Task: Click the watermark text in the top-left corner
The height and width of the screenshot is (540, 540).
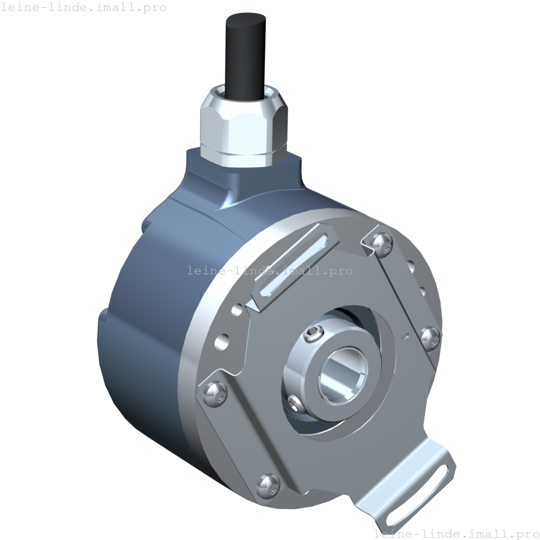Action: (84, 8)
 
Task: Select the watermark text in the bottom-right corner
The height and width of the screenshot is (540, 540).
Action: (456, 534)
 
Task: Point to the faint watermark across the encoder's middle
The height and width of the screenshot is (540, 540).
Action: (270, 271)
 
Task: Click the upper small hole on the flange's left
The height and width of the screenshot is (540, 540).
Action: (237, 310)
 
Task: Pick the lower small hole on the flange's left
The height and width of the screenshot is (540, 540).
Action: (222, 340)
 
